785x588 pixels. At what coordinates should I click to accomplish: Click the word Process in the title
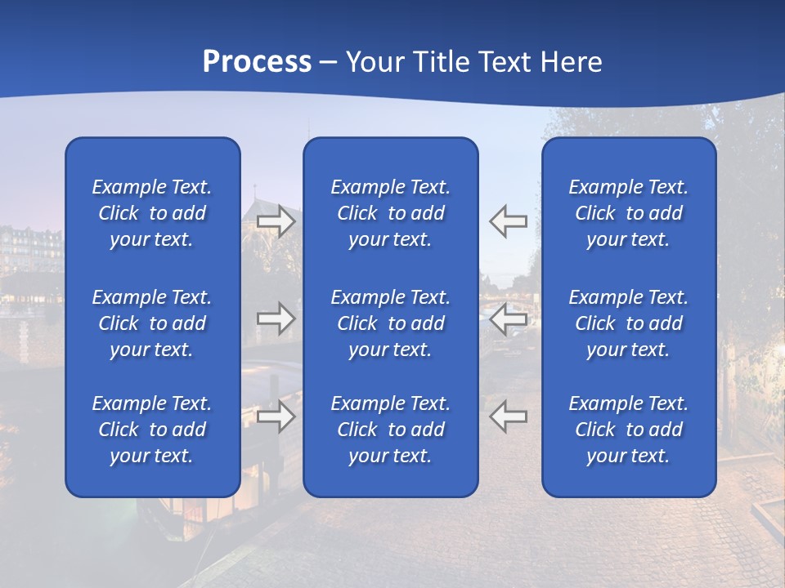(257, 62)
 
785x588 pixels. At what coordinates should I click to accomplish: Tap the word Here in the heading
(570, 62)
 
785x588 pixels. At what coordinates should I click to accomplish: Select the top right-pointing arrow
(276, 221)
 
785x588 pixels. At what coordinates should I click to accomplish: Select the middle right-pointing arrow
(276, 318)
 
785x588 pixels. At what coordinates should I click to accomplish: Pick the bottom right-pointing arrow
(276, 416)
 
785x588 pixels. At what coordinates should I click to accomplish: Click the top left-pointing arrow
(508, 221)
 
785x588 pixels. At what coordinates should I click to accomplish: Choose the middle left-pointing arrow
(508, 318)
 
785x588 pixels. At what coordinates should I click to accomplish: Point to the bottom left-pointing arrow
(508, 416)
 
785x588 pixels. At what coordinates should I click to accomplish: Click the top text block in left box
(152, 213)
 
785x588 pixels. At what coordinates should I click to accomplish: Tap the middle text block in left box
(152, 323)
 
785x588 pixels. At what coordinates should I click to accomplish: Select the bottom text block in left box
(152, 430)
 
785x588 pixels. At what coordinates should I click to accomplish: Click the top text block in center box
(390, 213)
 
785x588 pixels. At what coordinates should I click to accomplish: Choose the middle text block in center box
(390, 323)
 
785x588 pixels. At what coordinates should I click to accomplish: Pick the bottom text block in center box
(390, 430)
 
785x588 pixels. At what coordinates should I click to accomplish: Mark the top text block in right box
(628, 213)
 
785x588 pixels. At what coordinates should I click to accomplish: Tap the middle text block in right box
(628, 323)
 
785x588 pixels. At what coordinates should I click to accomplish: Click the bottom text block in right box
(628, 430)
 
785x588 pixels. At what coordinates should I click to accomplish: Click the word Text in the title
(502, 62)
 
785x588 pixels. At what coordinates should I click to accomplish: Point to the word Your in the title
(372, 62)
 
